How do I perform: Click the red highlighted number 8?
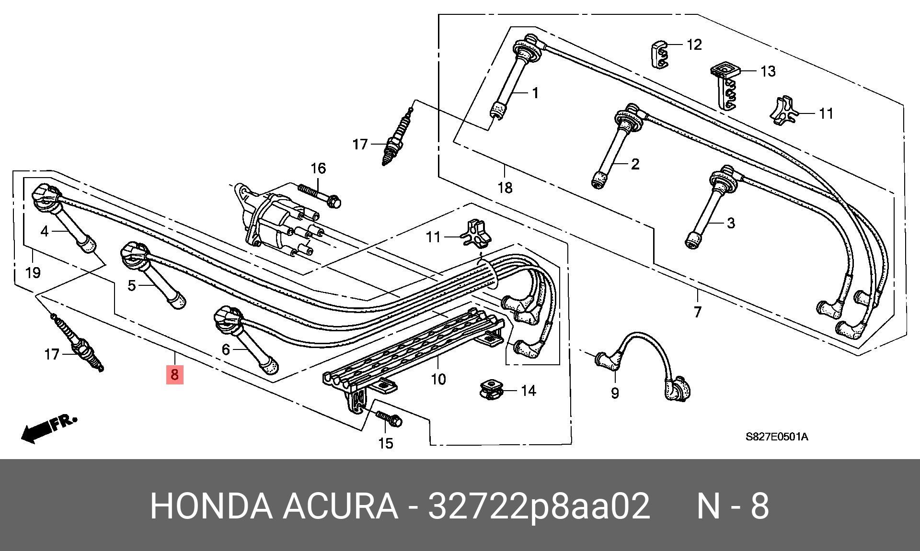pos(174,374)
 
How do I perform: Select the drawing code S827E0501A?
pos(776,437)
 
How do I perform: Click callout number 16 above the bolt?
pos(318,169)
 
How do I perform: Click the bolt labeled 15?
pos(389,418)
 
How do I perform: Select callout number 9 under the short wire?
pos(615,393)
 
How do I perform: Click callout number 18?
pos(505,187)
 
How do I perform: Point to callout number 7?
pos(697,312)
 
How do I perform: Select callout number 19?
pos(33,273)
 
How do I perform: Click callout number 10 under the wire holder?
pos(438,379)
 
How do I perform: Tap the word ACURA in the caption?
pos(340,506)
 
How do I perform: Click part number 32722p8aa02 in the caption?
pos(539,506)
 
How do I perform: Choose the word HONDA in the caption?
pos(211,506)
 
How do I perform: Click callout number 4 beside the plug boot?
pos(45,232)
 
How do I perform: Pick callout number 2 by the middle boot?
pos(635,164)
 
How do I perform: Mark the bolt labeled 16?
pos(319,196)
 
